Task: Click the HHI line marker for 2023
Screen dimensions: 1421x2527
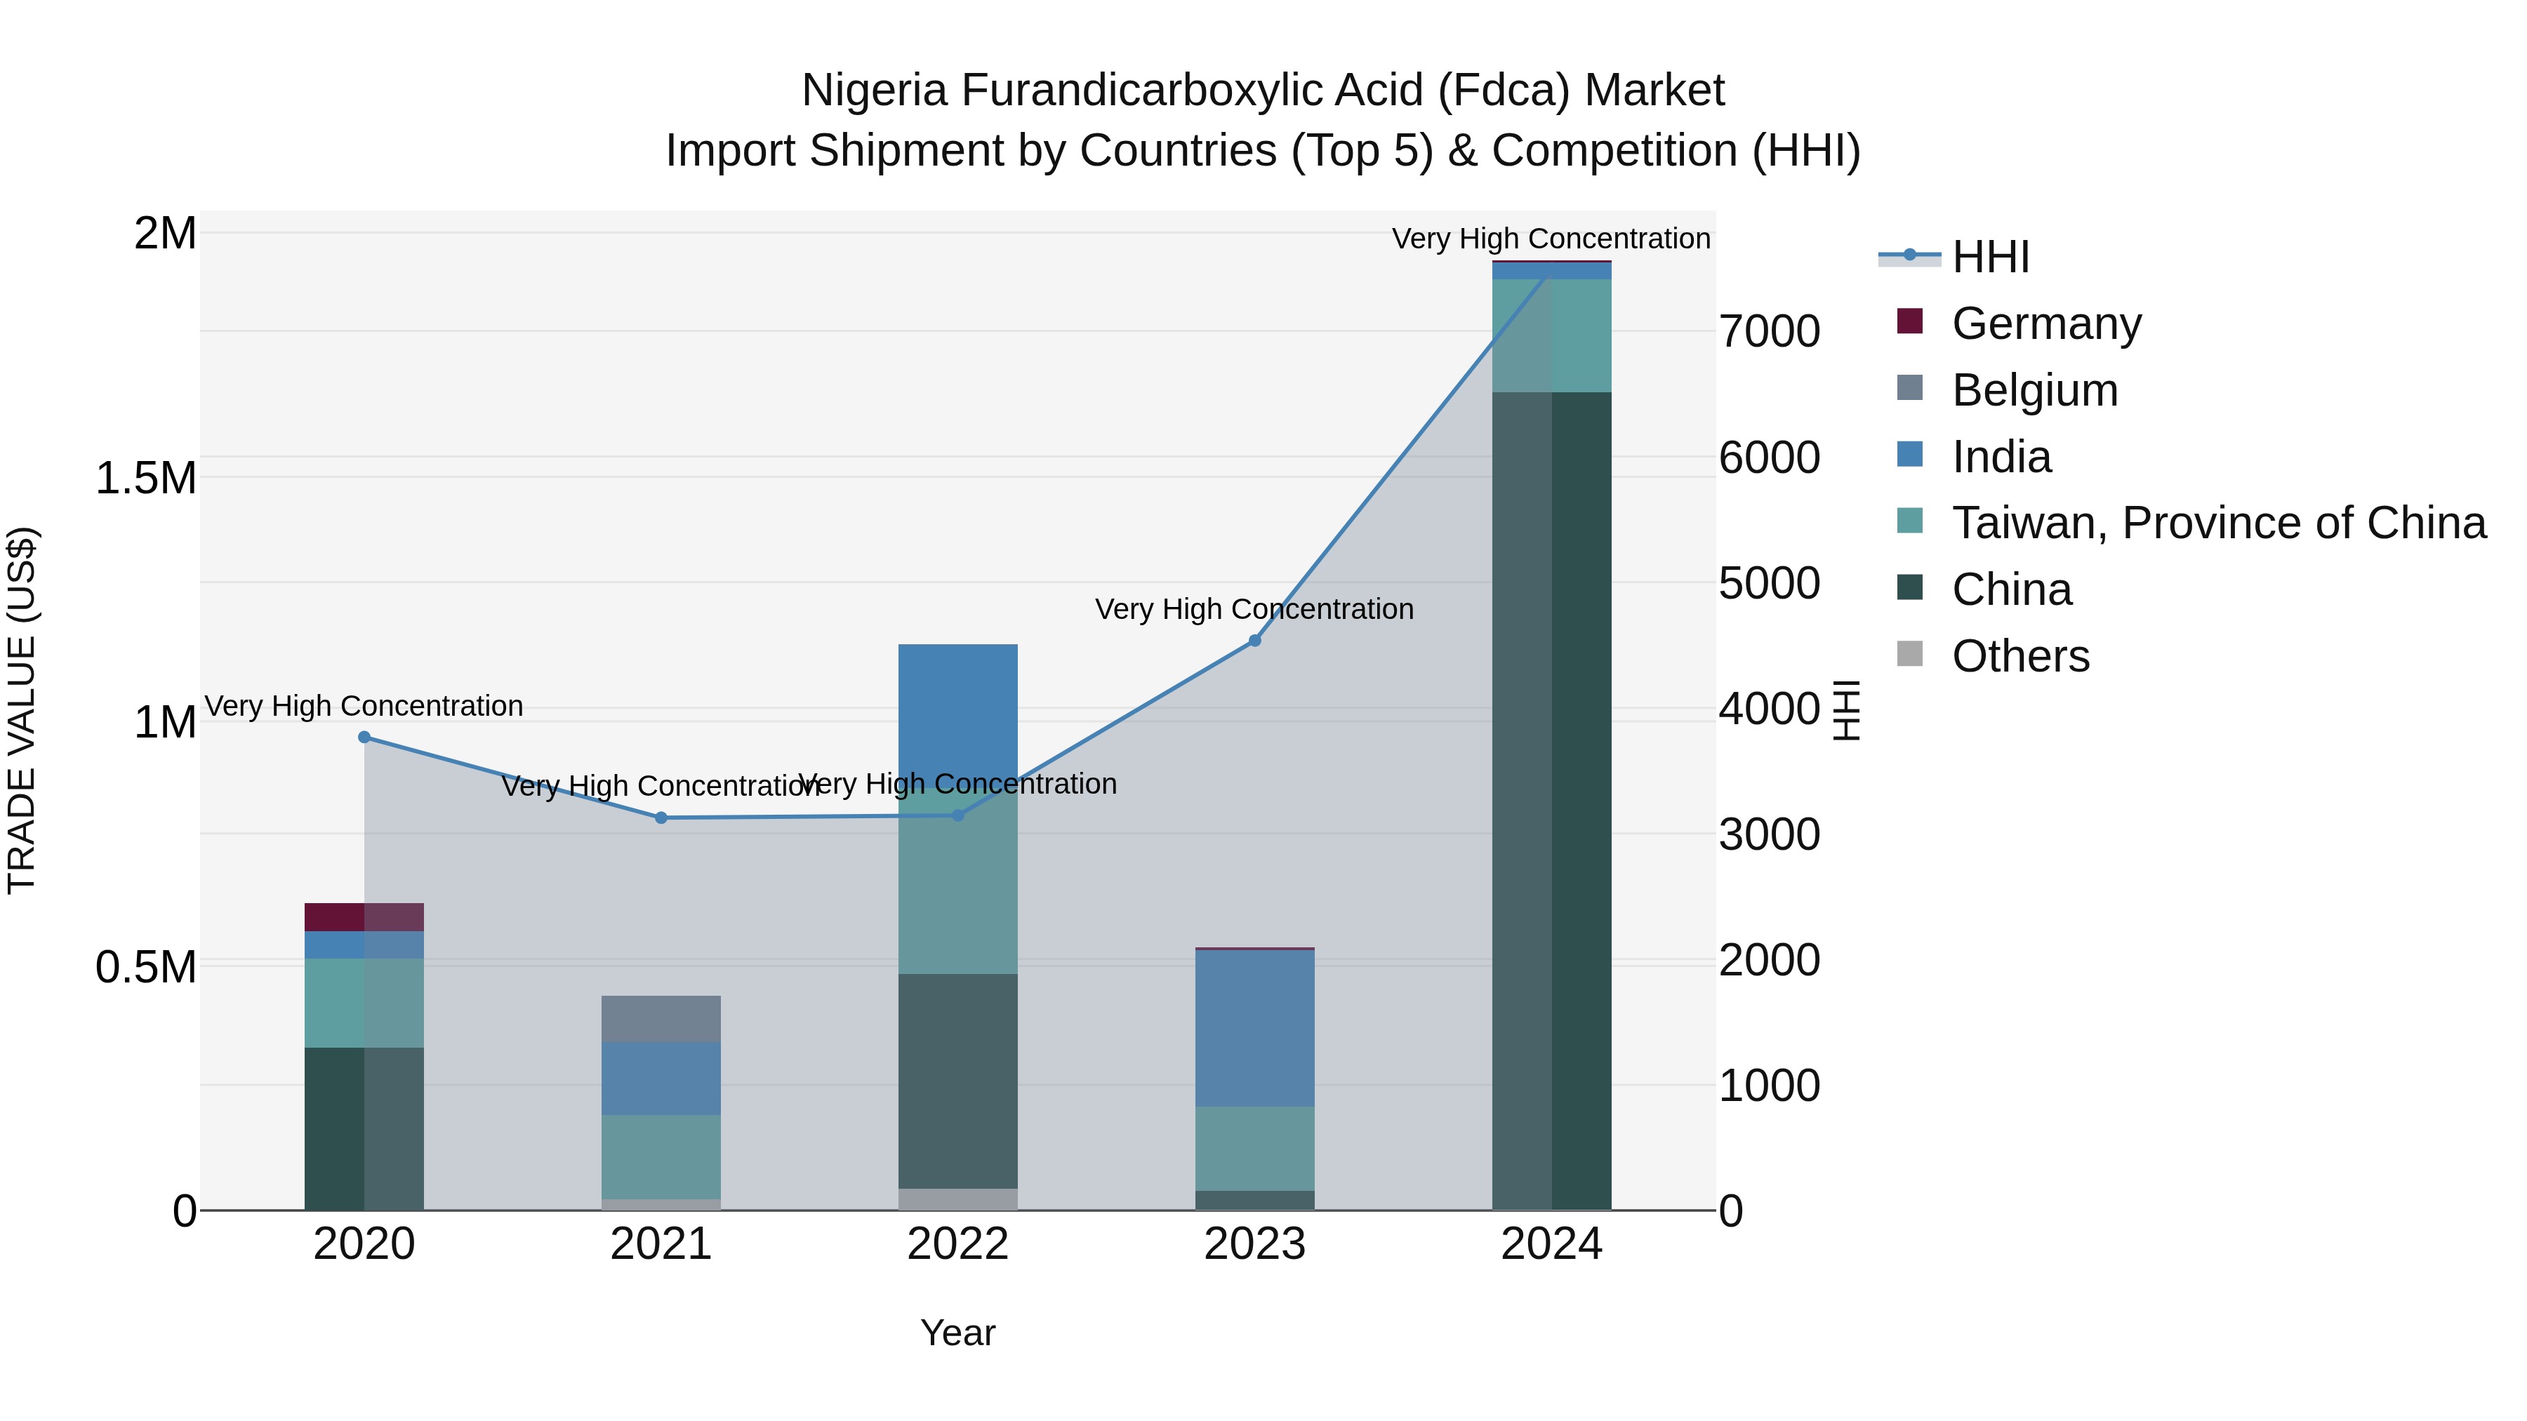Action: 1254,641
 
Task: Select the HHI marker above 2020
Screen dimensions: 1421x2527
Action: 364,737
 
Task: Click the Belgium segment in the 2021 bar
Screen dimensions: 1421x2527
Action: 661,1018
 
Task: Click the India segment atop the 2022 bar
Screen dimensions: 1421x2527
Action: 957,711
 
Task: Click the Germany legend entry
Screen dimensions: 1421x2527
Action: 2045,323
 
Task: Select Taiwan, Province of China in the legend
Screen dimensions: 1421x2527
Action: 2218,523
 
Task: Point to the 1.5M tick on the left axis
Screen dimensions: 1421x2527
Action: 146,479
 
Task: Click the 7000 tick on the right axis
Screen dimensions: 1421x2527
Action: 1770,331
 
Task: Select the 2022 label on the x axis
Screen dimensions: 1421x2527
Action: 957,1244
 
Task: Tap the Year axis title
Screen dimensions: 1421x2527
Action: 957,1333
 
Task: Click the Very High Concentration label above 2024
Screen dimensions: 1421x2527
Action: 1550,239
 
